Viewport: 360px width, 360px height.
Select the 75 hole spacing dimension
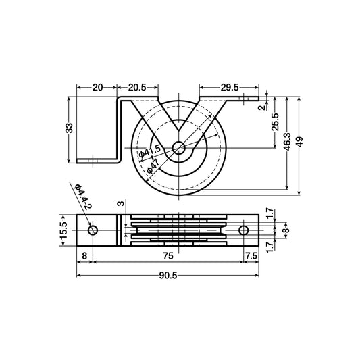[168, 255]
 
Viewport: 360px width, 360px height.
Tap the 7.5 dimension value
[251, 255]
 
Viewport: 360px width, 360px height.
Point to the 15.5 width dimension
[65, 230]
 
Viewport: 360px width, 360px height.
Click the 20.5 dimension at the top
[138, 87]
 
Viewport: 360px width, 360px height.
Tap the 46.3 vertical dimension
[288, 143]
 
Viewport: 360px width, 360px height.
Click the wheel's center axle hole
[179, 148]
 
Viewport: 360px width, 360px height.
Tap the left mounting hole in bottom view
[93, 230]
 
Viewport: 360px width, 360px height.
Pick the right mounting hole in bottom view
[245, 230]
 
